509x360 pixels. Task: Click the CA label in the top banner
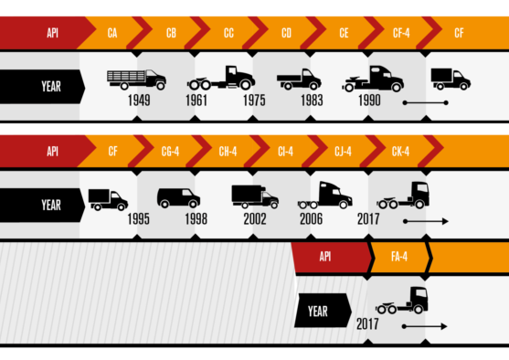(111, 33)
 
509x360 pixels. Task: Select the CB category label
(171, 33)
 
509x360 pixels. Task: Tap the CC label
(228, 33)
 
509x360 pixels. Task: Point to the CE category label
(344, 33)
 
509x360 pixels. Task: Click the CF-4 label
(400, 33)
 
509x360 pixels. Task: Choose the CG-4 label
(170, 151)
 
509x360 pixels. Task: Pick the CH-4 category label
(228, 151)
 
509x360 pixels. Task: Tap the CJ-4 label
(343, 151)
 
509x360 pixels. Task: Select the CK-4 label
(400, 151)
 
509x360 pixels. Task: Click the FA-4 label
(398, 257)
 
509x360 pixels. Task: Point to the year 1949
(140, 101)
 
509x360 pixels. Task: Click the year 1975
(254, 101)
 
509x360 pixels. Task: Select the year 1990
(369, 101)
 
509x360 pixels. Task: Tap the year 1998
(196, 219)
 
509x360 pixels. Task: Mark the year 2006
(311, 219)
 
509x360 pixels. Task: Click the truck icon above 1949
(136, 79)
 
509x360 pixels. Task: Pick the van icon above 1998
(178, 197)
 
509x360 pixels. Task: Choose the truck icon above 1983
(299, 79)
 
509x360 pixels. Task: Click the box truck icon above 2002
(255, 196)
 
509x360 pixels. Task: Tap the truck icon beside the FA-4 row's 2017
(402, 301)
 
